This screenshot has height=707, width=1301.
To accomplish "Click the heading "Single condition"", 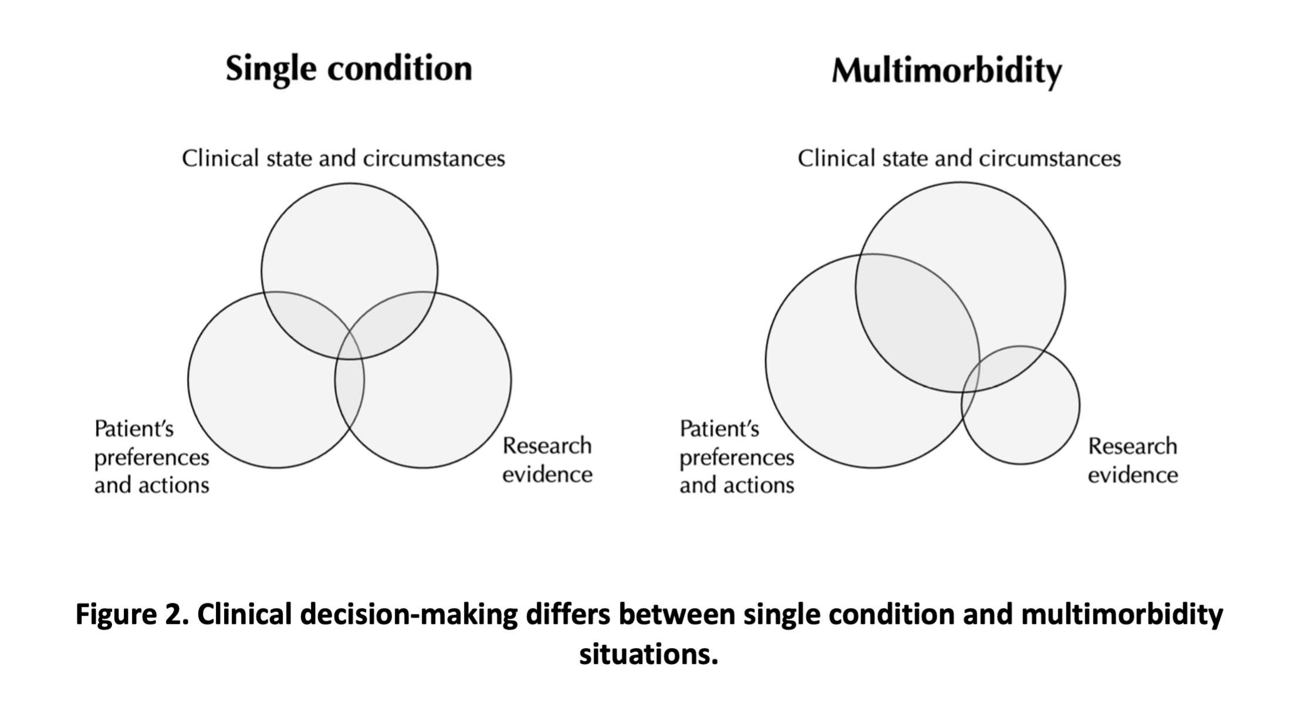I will click(x=348, y=69).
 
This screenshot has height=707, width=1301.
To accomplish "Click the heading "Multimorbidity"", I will click(x=946, y=72).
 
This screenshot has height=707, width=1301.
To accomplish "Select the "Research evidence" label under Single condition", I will click(x=547, y=460).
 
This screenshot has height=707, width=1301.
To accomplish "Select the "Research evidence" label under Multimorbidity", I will click(x=1132, y=460).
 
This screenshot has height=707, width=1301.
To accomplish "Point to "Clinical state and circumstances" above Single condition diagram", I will click(x=343, y=158).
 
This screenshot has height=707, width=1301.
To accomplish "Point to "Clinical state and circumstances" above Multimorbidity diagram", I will click(x=959, y=158).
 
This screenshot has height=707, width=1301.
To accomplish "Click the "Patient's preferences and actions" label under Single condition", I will click(x=151, y=457).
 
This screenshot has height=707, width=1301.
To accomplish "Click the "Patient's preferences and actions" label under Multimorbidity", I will click(x=737, y=457).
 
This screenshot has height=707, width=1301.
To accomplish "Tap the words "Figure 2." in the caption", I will click(x=132, y=615).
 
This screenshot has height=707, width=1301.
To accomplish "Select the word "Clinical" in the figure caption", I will click(x=244, y=615).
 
